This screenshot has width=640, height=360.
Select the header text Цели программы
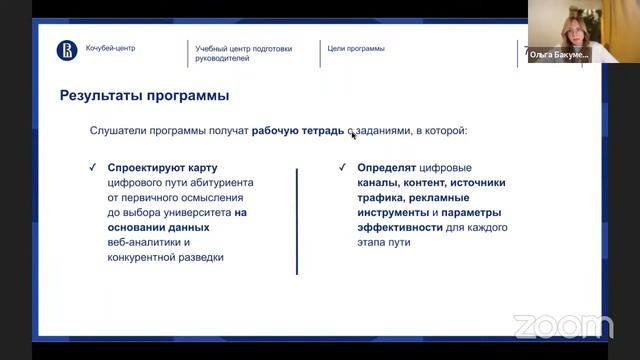coord(356,48)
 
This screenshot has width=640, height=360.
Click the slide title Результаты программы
coord(144,97)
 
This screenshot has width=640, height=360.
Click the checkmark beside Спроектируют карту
coord(92,167)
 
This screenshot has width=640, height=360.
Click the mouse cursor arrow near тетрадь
coord(353,134)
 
